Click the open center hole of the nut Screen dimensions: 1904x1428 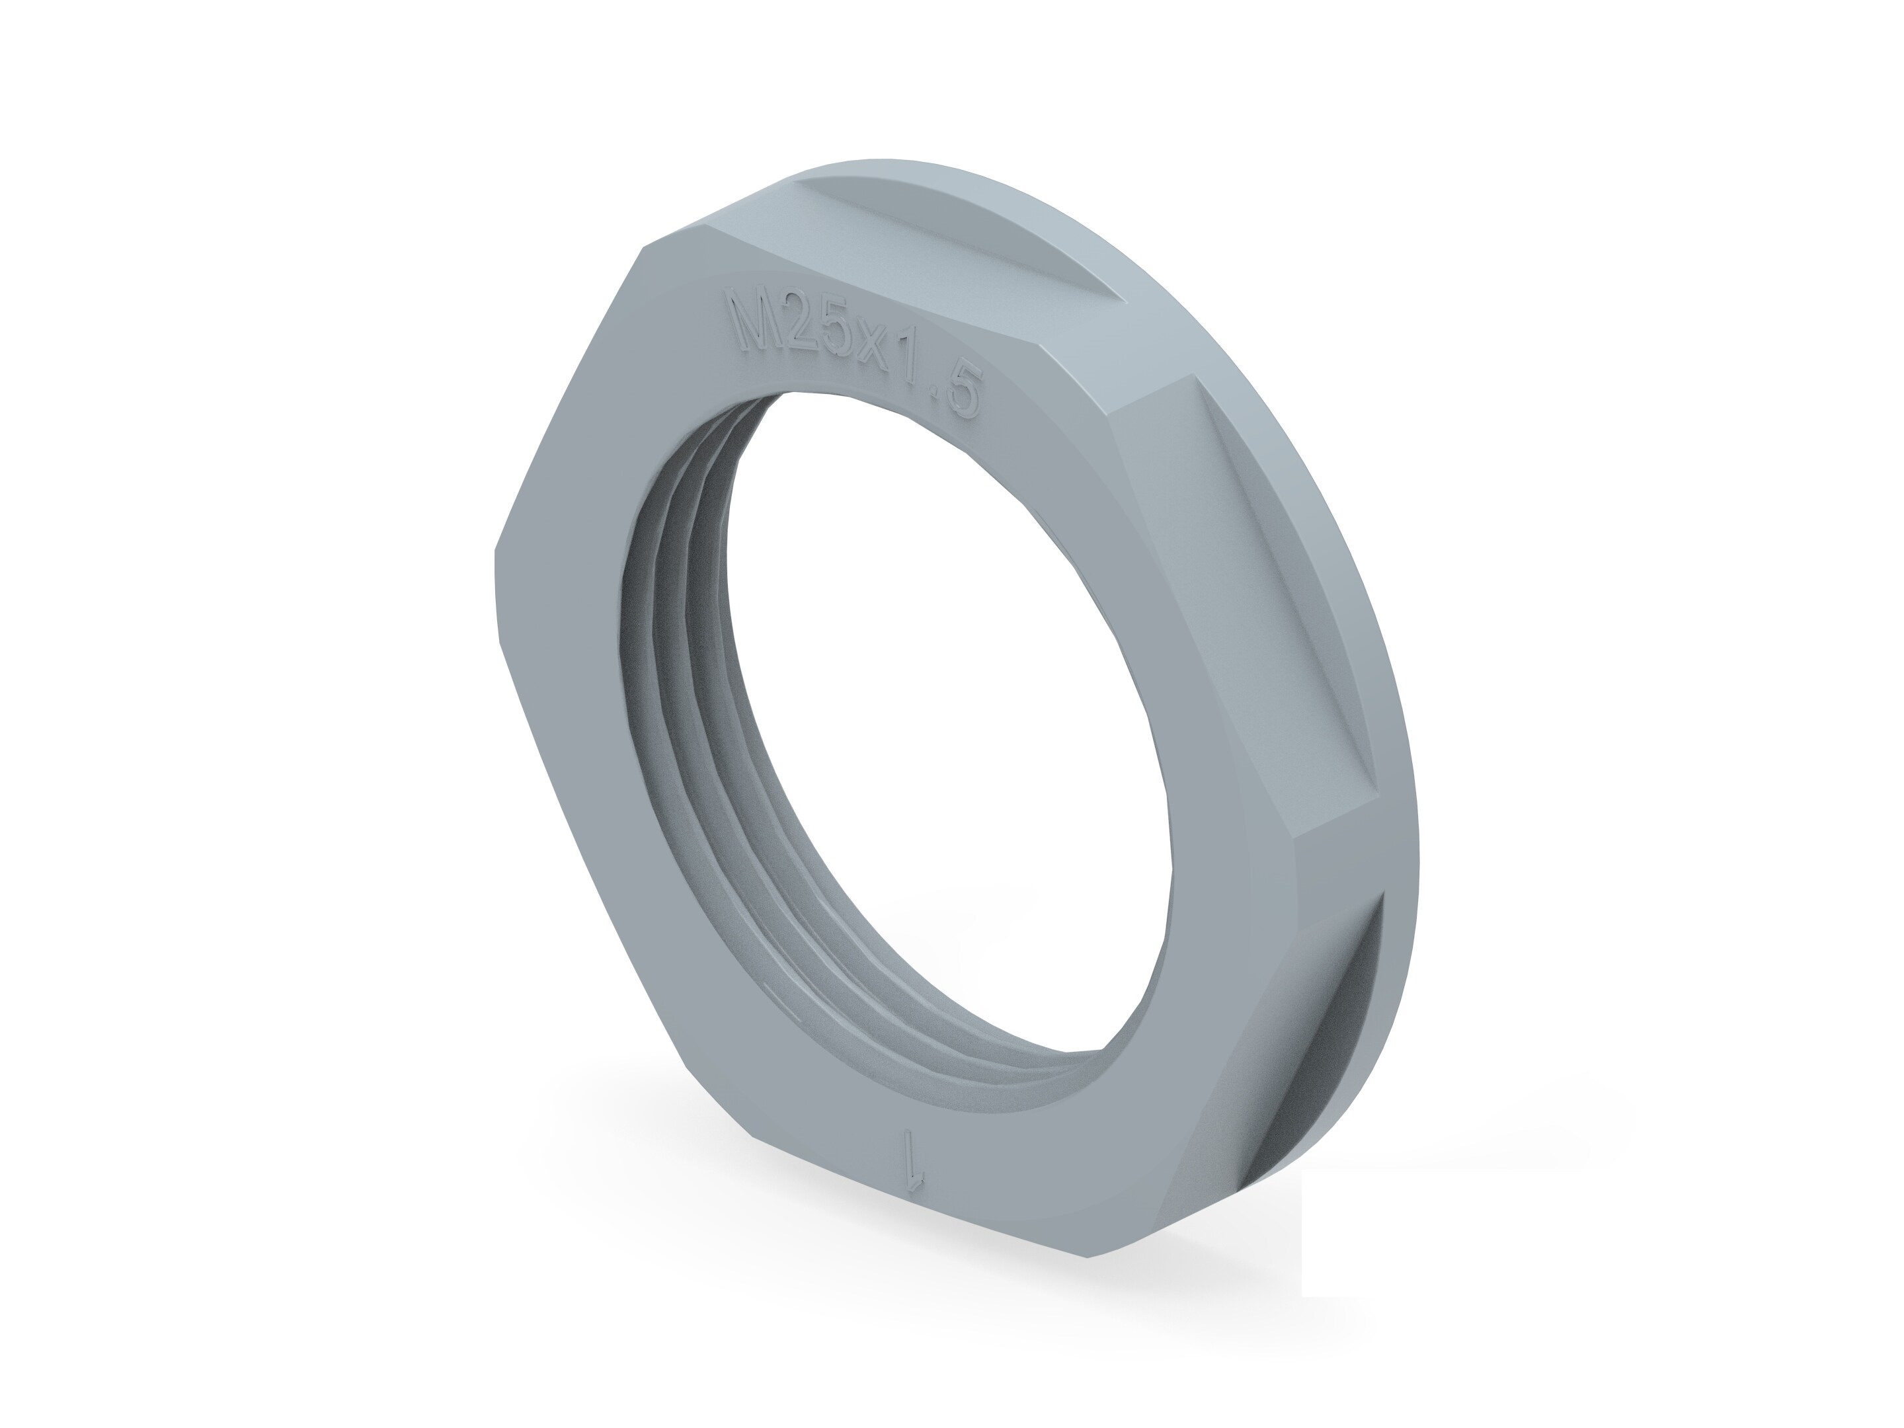[947, 723]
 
